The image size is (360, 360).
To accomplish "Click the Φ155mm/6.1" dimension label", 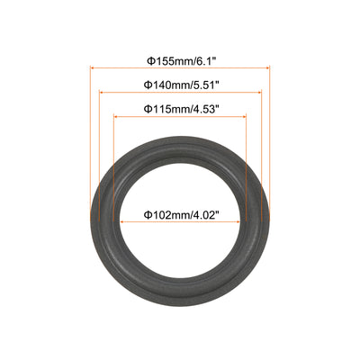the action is (x=181, y=61).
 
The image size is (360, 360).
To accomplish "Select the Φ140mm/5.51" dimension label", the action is (x=180, y=85).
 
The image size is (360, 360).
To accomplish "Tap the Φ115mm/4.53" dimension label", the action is (x=180, y=109).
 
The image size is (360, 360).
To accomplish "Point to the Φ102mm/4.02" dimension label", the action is (x=180, y=215).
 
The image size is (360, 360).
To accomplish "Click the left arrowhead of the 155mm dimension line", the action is (x=93, y=68).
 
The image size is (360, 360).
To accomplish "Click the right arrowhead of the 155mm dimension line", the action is (x=267, y=68).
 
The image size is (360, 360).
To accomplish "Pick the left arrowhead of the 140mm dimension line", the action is (x=102, y=93).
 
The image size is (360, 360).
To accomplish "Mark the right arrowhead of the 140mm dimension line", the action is (x=259, y=93).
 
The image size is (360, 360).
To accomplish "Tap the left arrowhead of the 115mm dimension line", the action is (x=116, y=116).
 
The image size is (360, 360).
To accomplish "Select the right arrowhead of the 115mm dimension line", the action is (x=244, y=116).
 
